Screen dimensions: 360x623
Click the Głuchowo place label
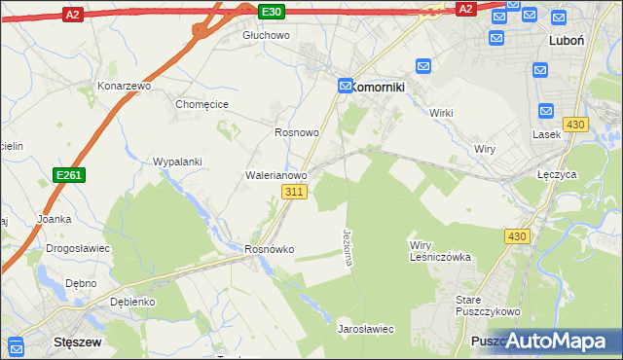(267, 35)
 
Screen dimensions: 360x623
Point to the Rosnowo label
(297, 131)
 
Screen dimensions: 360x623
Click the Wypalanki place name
(177, 162)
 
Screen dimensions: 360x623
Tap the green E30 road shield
(273, 11)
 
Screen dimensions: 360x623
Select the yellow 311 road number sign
(297, 193)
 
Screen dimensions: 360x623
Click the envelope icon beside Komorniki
(345, 86)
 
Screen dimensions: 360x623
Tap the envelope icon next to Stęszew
(17, 345)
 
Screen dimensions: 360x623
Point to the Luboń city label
(566, 41)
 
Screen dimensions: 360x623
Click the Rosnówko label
(269, 249)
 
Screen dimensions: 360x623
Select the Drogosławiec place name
(78, 248)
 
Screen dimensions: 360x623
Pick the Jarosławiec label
(365, 329)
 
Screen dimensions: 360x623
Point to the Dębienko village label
(133, 302)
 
